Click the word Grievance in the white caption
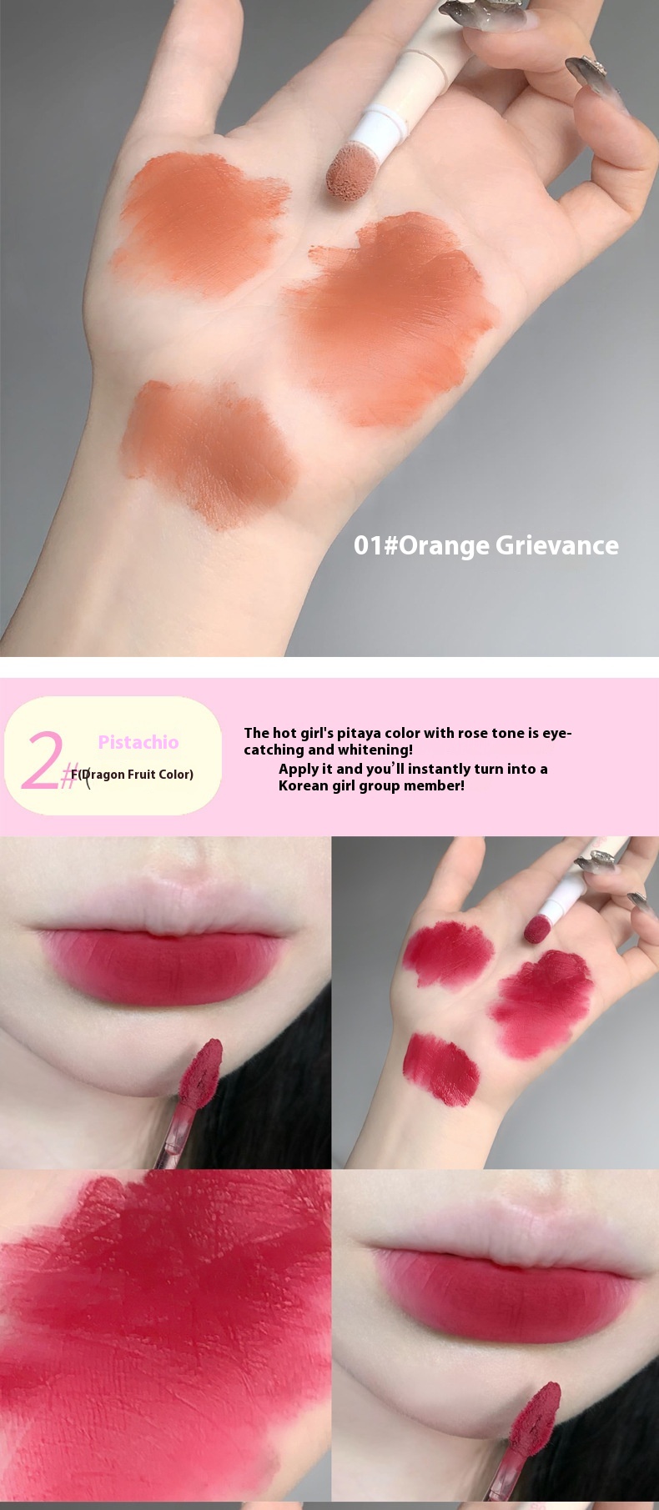click(557, 546)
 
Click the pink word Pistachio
click(138, 742)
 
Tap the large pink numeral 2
click(41, 760)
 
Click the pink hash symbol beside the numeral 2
click(69, 777)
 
